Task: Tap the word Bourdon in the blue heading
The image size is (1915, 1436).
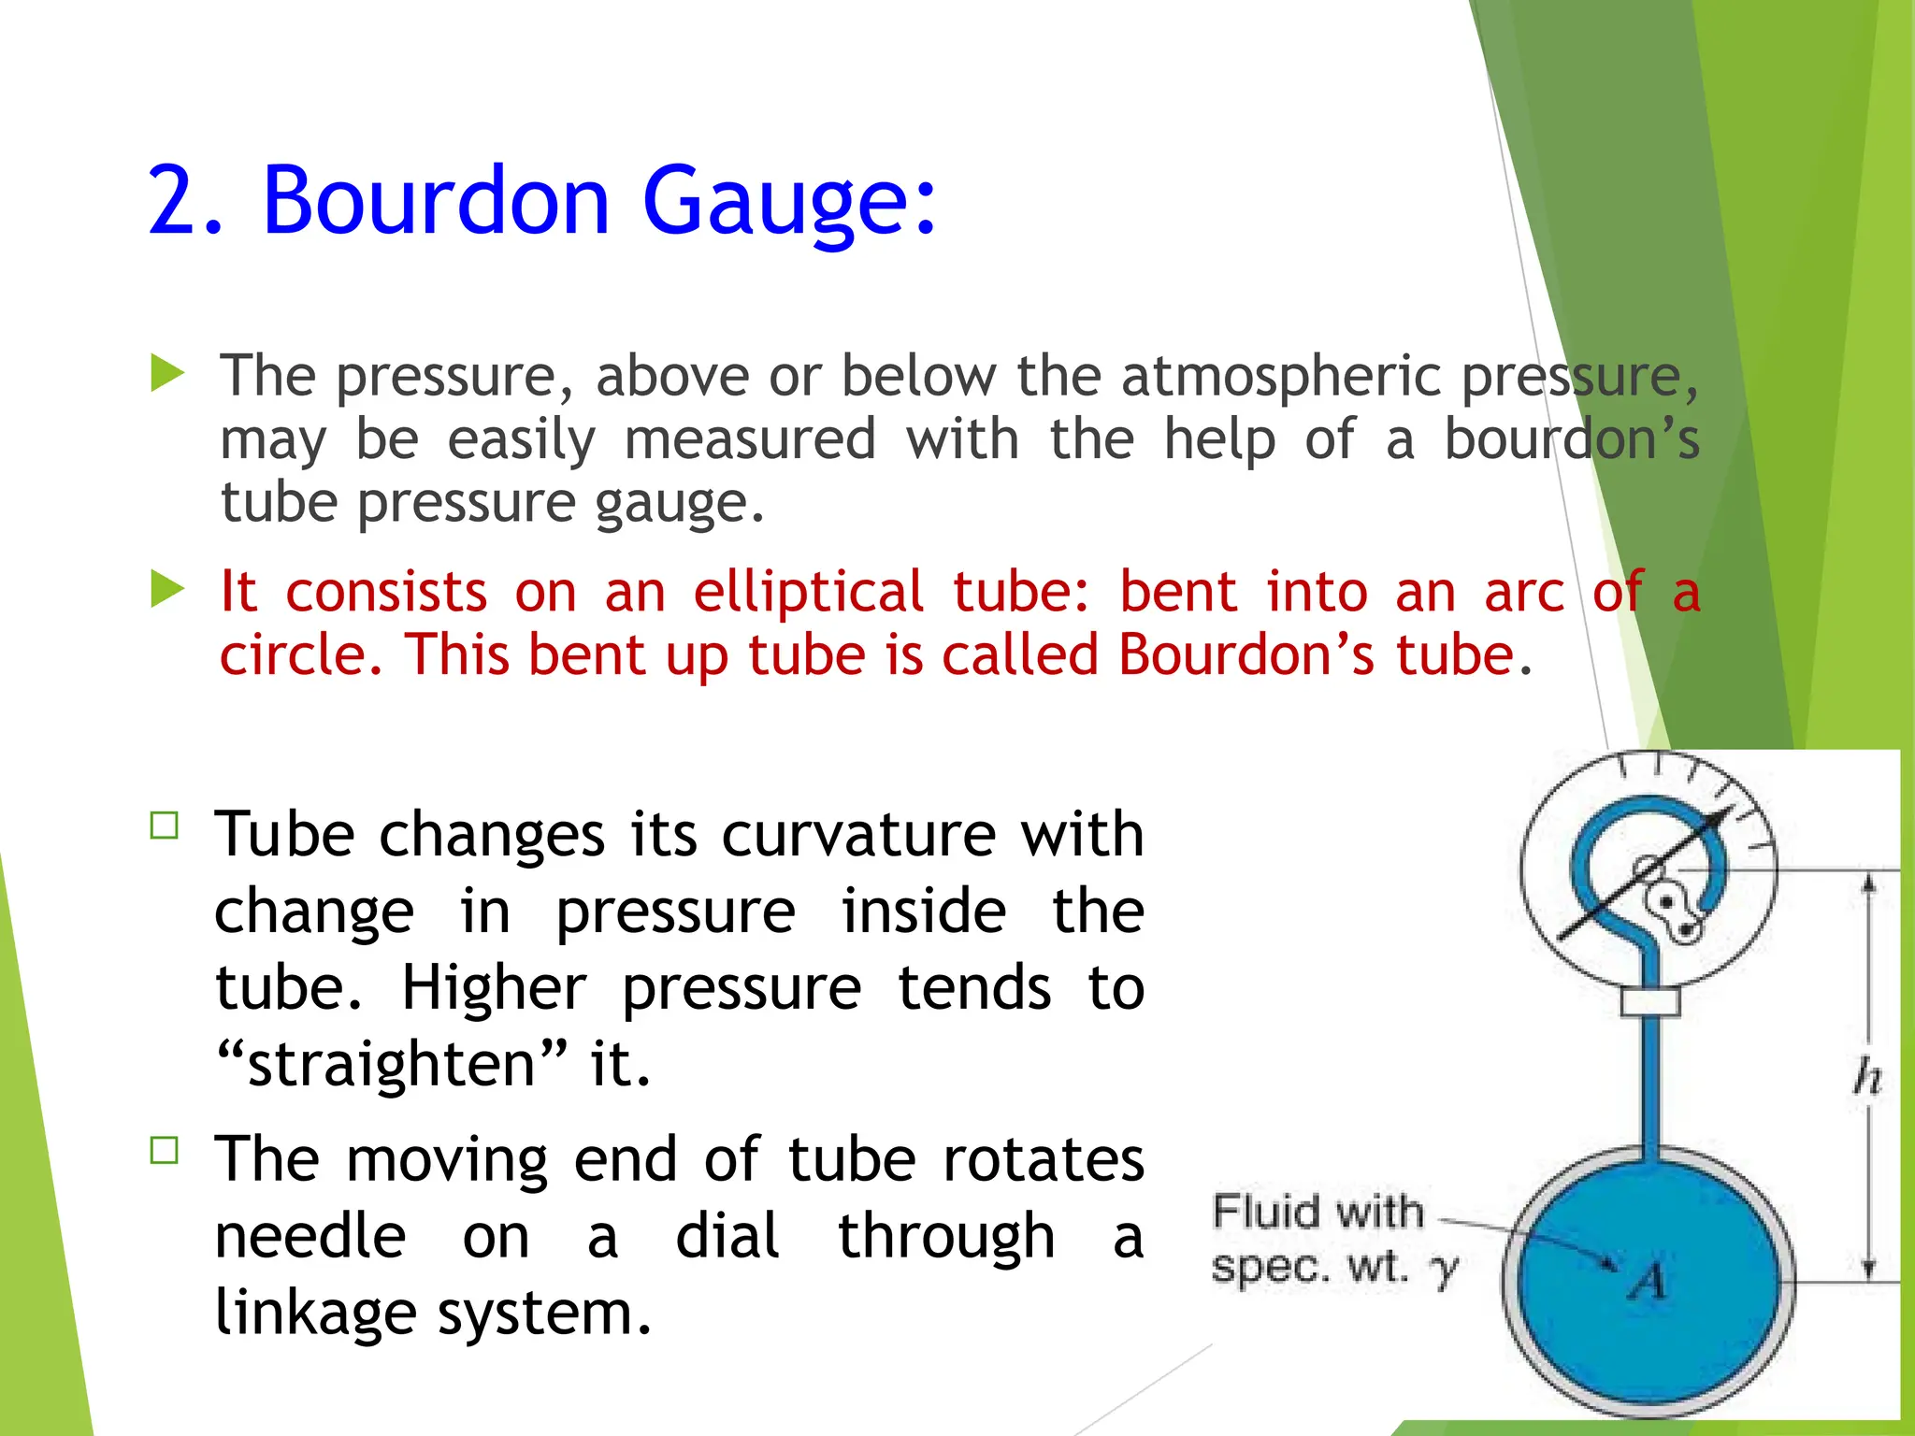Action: coord(435,200)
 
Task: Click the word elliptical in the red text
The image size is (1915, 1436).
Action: coord(809,592)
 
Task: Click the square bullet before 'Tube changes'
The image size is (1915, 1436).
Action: coord(165,826)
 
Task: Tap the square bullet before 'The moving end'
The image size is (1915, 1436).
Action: coord(165,1150)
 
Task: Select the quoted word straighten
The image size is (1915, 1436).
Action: coord(391,1064)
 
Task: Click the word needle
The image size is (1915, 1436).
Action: coord(310,1236)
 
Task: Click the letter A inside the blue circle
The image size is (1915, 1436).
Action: coord(1648,1281)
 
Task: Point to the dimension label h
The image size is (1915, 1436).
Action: coord(1866,1077)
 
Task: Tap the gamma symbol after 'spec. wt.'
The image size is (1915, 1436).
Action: coord(1445,1269)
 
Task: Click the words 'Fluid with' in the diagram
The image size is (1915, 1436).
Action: coord(1317,1212)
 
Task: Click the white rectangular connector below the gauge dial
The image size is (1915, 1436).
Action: coord(1650,1001)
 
